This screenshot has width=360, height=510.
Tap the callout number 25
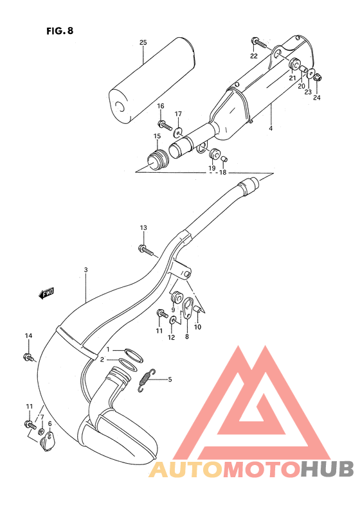143,43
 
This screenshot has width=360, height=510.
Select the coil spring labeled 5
147,380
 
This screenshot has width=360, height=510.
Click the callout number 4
271,129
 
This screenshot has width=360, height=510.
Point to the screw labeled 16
163,123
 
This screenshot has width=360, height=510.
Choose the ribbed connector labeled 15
156,157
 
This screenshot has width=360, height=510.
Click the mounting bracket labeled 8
188,308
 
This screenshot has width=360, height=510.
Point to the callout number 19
211,168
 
